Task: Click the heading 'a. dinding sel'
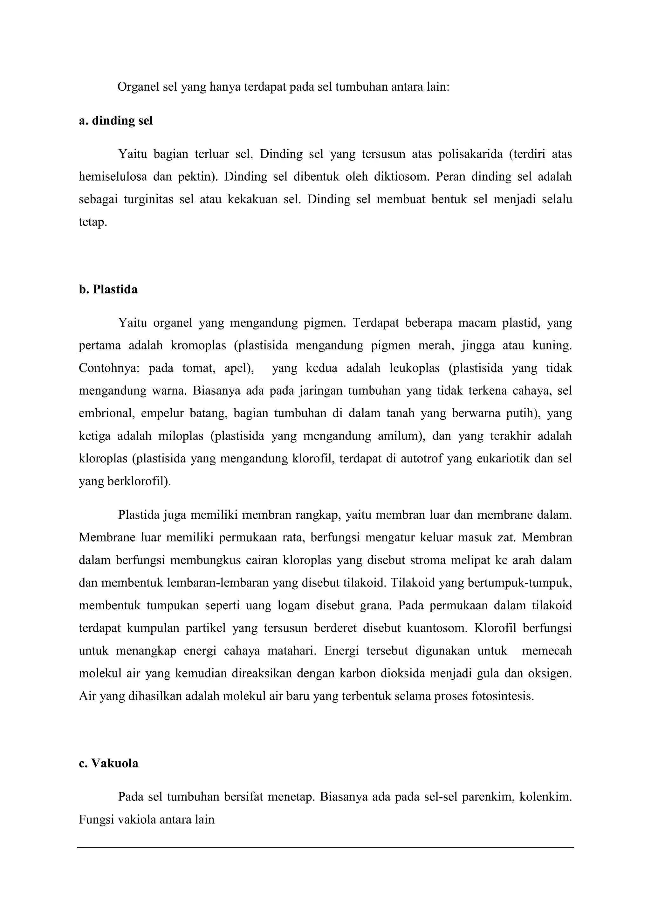115,121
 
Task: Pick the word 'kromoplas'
198,345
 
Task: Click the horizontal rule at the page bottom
325,848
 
